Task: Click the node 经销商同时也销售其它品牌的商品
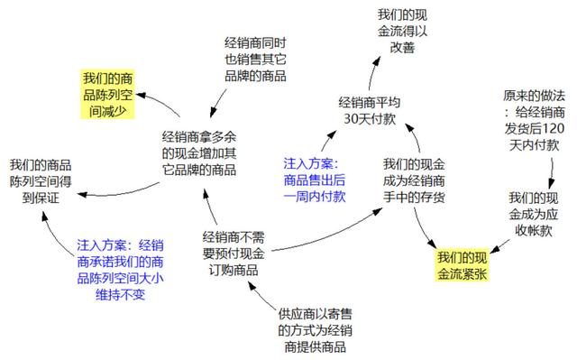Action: [x=256, y=60]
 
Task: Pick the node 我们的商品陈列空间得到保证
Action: [x=41, y=182]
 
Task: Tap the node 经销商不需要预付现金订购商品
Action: [x=233, y=254]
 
